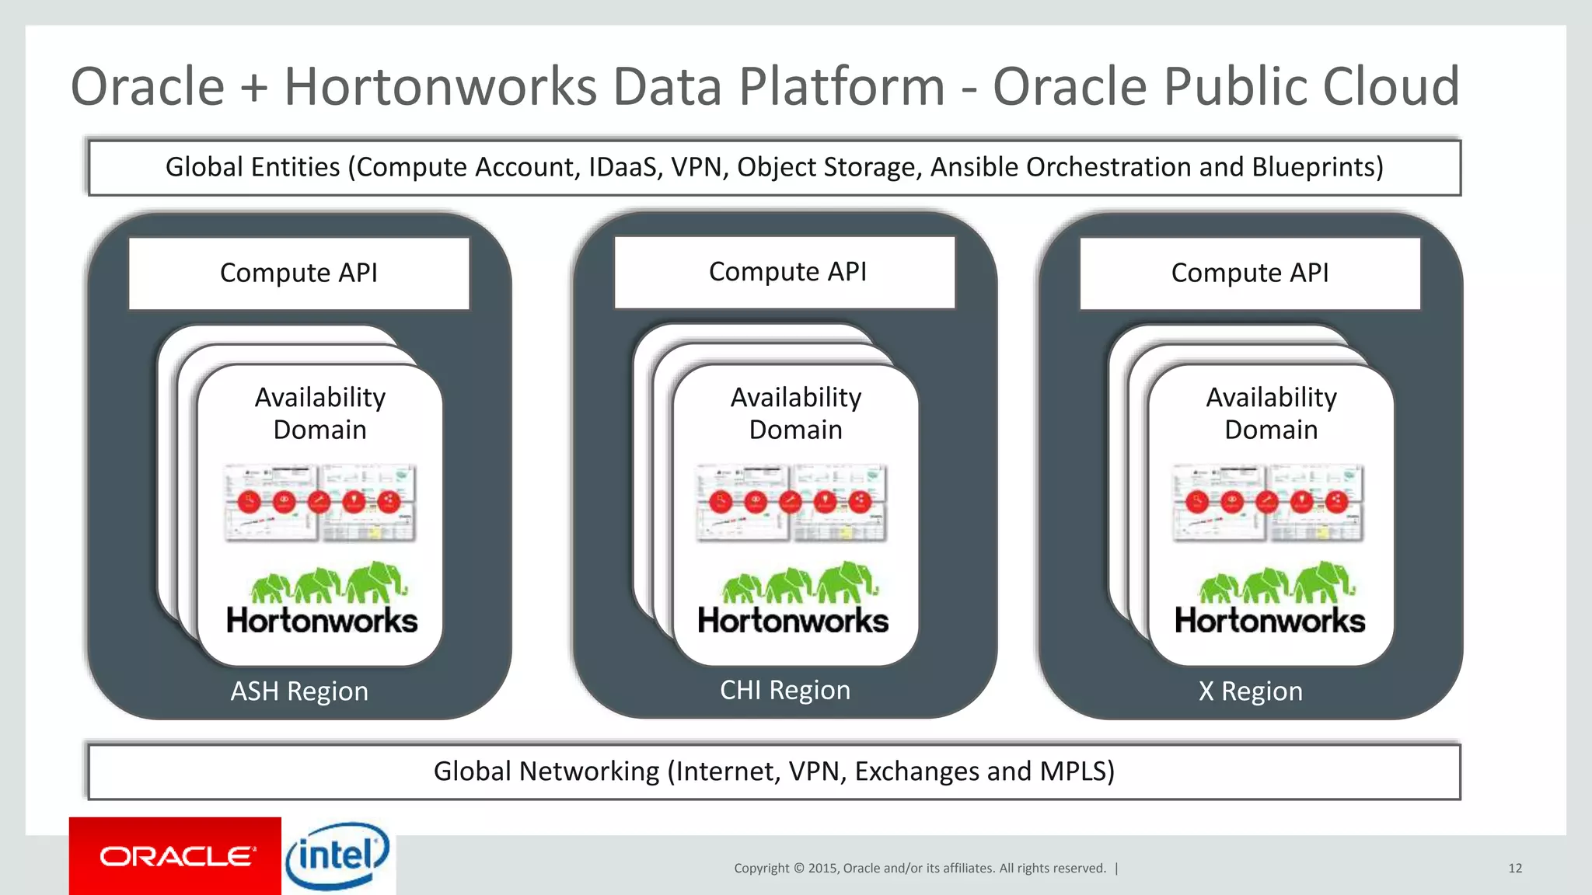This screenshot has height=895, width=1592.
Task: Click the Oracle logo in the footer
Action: point(176,856)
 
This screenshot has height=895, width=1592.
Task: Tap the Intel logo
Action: point(337,856)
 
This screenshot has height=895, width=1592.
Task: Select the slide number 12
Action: point(1514,868)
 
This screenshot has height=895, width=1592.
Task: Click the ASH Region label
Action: point(299,691)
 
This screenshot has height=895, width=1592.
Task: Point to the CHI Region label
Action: point(785,690)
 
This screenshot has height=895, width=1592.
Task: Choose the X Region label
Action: point(1250,691)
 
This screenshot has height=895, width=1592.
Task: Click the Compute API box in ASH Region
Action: point(299,273)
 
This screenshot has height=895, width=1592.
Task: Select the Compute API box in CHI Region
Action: point(785,272)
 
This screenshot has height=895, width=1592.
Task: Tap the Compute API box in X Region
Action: point(1250,273)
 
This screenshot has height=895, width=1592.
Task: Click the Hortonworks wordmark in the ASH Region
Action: point(322,621)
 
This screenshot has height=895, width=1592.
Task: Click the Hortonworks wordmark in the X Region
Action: point(1269,621)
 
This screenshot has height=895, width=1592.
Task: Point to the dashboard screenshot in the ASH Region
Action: point(320,503)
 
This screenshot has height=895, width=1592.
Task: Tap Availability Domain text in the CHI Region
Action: point(796,413)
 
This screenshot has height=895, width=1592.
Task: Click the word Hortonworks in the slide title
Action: point(440,86)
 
